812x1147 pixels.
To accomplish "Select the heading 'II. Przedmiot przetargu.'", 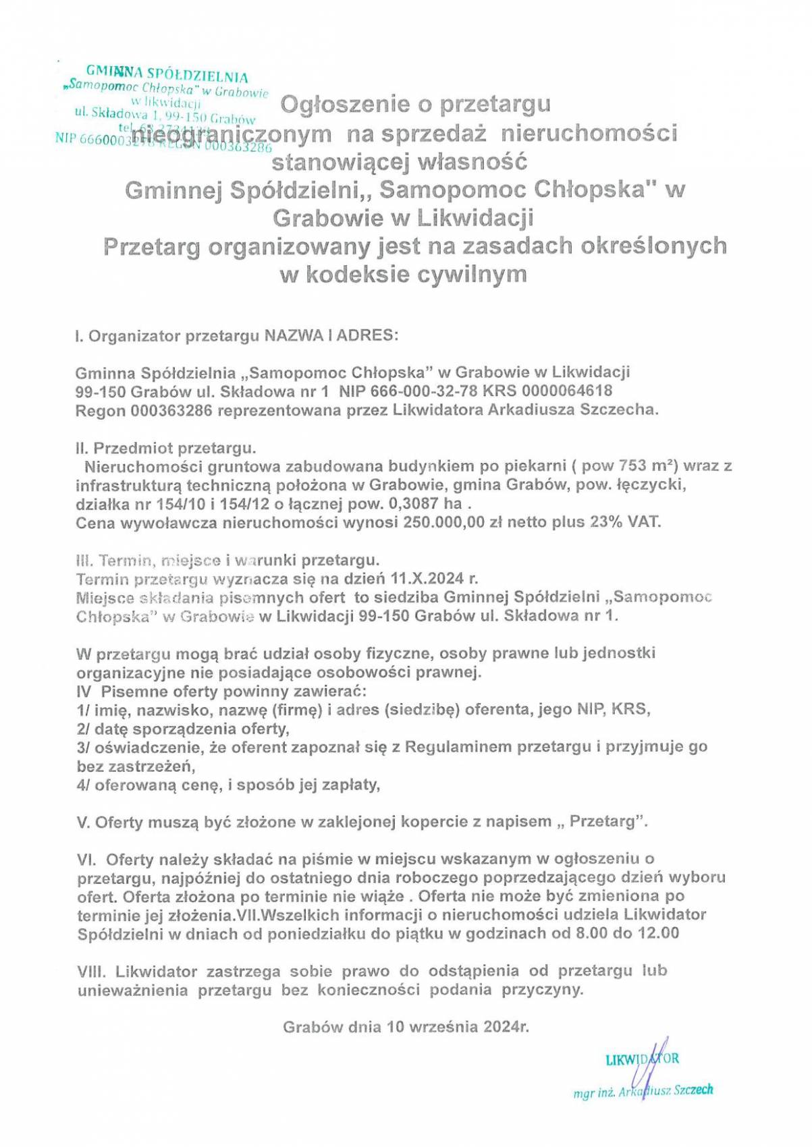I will tap(166, 448).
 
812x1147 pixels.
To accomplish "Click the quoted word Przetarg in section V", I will tap(603, 822).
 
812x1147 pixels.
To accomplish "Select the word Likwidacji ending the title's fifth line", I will tap(475, 218).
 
